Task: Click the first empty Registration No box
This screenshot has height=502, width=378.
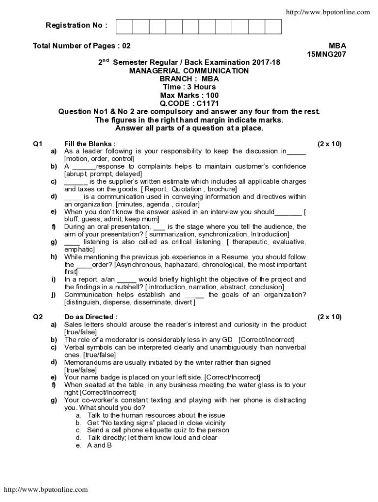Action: (x=124, y=26)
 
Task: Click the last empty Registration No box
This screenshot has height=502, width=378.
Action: (x=273, y=26)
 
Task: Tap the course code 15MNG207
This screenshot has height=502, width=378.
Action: (x=326, y=54)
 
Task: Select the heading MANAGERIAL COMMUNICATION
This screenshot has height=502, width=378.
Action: (x=189, y=71)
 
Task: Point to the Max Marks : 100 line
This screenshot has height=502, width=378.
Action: (x=189, y=95)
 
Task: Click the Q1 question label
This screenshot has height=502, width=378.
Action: (x=38, y=144)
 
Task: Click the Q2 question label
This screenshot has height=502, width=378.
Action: (x=38, y=317)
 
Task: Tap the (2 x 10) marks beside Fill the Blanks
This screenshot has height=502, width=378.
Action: (x=329, y=144)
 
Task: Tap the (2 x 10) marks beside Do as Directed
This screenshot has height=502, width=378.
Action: (x=329, y=317)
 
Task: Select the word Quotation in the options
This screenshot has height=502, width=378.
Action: (x=187, y=189)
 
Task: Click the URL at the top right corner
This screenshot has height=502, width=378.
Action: (x=327, y=12)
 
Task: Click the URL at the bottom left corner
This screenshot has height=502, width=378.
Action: (x=46, y=489)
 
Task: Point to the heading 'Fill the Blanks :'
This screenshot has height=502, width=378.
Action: (x=90, y=144)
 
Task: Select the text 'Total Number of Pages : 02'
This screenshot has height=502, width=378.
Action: (x=81, y=46)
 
